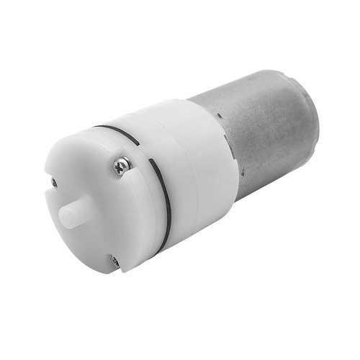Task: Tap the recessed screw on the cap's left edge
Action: tap(55, 182)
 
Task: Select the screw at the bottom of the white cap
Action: tap(114, 262)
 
